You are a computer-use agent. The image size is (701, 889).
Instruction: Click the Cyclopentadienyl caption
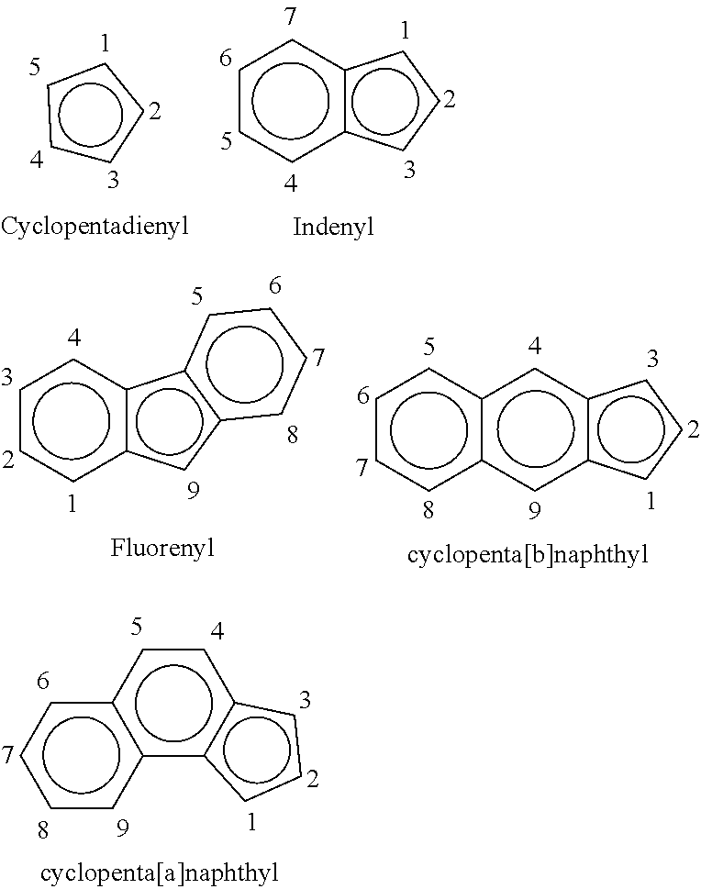[x=95, y=227]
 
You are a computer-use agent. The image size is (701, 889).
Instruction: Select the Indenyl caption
[x=333, y=227]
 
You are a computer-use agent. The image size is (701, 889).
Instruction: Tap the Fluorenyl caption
[x=162, y=549]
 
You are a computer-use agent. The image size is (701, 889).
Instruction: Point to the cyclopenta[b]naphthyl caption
[x=528, y=554]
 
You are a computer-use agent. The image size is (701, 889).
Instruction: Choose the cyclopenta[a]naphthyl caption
[x=160, y=871]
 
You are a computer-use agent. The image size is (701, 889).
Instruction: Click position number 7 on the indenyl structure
[x=290, y=17]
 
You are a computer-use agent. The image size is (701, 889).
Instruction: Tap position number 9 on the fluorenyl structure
[x=194, y=491]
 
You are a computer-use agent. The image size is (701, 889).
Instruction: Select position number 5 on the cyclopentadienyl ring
[x=35, y=68]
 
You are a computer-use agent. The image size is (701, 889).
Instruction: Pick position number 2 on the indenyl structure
[x=450, y=100]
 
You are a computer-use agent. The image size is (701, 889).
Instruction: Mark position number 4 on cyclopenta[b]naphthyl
[x=535, y=345]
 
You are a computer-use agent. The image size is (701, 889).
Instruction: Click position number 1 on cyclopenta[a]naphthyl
[x=252, y=821]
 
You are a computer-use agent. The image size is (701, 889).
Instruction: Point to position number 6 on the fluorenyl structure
[x=275, y=285]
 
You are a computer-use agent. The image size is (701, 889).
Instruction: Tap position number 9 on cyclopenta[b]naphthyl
[x=535, y=511]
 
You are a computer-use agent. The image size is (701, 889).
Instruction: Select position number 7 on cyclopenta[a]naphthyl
[x=7, y=755]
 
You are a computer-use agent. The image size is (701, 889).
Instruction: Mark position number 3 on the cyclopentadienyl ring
[x=113, y=181]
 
